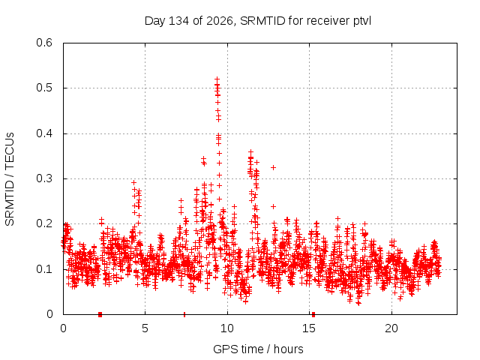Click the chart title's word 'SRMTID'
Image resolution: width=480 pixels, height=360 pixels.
(262, 21)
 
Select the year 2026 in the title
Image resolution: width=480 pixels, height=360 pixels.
(220, 21)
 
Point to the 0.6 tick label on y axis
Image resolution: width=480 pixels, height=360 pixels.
(44, 43)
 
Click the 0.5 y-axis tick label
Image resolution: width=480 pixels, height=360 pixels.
(44, 88)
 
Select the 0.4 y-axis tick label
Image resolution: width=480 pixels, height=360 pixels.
(44, 133)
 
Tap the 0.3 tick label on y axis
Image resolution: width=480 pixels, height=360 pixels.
(44, 178)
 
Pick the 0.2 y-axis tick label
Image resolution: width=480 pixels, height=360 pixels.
(44, 223)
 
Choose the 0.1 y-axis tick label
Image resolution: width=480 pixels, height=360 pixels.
(44, 269)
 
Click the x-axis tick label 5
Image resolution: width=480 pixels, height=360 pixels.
(145, 328)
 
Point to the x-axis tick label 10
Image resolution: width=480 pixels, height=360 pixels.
(227, 328)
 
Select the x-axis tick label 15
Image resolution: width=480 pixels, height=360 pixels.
(309, 328)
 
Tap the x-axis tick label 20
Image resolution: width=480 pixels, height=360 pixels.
(391, 328)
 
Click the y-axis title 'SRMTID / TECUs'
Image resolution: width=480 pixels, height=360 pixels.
(10, 179)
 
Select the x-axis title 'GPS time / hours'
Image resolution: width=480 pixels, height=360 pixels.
(258, 349)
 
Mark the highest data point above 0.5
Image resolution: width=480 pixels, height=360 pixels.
(217, 79)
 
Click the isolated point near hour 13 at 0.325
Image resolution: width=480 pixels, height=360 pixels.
(273, 167)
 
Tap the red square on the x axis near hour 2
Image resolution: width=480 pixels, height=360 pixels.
(100, 314)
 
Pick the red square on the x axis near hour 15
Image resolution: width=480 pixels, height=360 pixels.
(313, 314)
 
